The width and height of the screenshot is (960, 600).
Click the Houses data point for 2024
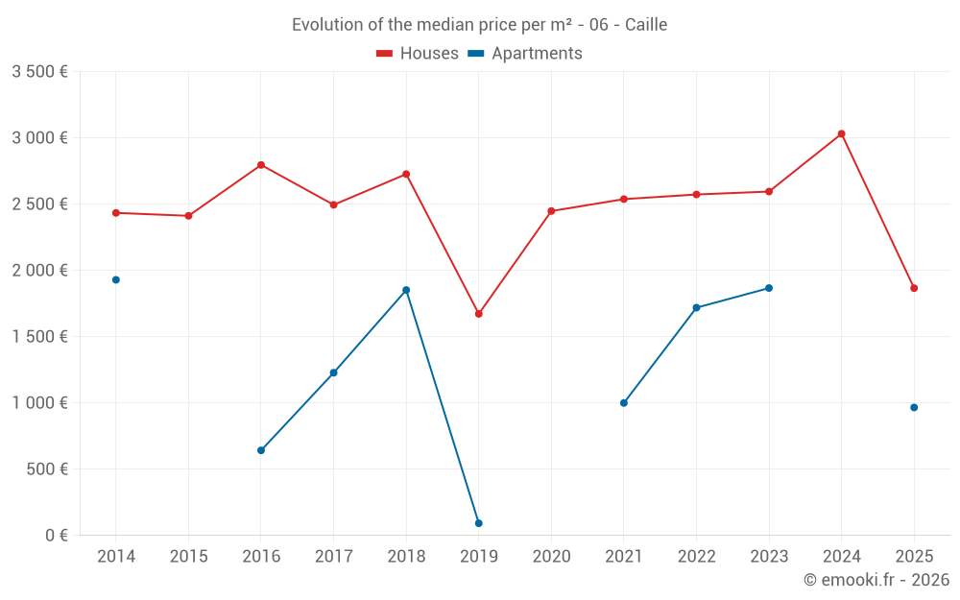tap(841, 133)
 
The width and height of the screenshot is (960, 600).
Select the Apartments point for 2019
tap(478, 523)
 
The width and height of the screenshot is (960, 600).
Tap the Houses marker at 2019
tap(478, 314)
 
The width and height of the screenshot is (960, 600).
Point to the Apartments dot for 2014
tap(116, 279)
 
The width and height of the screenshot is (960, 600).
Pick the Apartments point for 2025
tap(914, 407)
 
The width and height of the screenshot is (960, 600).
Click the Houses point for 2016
tap(261, 165)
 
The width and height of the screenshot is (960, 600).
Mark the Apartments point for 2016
tap(261, 450)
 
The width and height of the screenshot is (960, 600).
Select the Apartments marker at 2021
tap(624, 403)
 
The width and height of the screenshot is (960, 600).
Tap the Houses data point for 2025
tap(914, 288)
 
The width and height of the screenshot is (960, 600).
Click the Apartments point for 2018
tap(406, 290)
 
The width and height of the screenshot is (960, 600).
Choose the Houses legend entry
tap(418, 54)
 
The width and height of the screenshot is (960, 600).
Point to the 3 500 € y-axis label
tap(39, 71)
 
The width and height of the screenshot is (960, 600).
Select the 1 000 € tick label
tap(39, 403)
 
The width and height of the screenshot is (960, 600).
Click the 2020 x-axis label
tap(551, 557)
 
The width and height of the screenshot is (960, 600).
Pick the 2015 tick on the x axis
tap(188, 557)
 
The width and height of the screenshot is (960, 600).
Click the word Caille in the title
tap(645, 25)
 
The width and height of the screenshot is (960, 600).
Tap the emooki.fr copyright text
tap(876, 580)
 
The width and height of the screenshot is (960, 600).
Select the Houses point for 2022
tap(696, 195)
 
